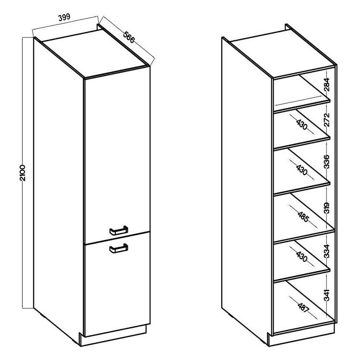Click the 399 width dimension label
click(64, 18)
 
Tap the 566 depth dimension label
click(129, 37)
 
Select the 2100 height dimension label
click(22, 173)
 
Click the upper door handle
click(119, 230)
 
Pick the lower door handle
click(119, 248)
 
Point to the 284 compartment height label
click(327, 84)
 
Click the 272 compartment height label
click(327, 120)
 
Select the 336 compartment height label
click(327, 161)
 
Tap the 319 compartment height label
click(327, 208)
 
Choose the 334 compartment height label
click(327, 251)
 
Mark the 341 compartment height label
click(327, 295)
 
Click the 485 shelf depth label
click(303, 217)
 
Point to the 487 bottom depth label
click(303, 307)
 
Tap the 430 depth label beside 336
click(302, 170)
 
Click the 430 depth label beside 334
click(302, 257)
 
